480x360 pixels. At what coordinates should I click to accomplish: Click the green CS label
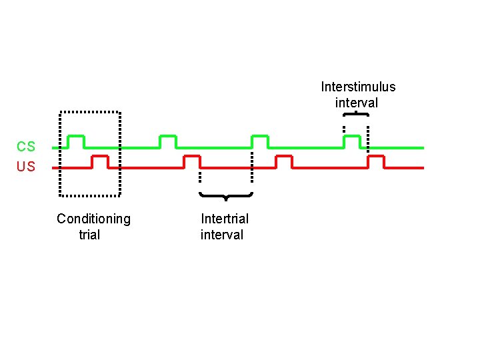coord(27,147)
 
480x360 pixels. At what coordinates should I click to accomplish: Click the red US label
coord(27,167)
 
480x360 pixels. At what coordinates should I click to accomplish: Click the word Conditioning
coord(93,219)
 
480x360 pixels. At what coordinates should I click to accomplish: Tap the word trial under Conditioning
coord(89,235)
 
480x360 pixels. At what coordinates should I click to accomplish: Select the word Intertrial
coord(225,219)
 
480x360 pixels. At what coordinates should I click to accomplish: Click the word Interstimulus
coord(358,87)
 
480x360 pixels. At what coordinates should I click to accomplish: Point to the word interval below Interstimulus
coord(357,103)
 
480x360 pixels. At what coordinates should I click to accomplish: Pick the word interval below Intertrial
coord(222,235)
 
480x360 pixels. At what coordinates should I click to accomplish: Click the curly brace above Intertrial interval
coord(226,195)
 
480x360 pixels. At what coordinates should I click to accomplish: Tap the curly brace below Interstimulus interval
coord(356,115)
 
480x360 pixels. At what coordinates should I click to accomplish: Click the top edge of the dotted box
coord(90,111)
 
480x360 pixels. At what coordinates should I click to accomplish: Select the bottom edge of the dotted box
coord(90,195)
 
